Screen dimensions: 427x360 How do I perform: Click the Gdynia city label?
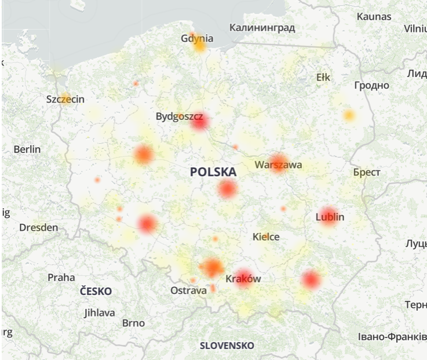(x=197, y=38)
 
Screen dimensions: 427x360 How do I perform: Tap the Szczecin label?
(x=65, y=99)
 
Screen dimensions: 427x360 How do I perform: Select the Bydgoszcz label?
(x=179, y=117)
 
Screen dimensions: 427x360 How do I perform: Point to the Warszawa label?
(x=278, y=165)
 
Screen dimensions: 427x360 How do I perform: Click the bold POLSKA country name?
(x=213, y=172)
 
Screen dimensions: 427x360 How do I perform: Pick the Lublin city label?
(x=330, y=217)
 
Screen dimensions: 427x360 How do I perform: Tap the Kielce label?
(x=266, y=237)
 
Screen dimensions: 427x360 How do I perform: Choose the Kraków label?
(x=243, y=278)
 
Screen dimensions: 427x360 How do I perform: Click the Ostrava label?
(x=188, y=290)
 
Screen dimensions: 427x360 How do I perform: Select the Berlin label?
(x=27, y=149)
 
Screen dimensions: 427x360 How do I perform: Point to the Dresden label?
(x=39, y=227)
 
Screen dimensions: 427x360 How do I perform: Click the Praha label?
(x=61, y=277)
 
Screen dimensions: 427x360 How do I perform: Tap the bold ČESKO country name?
(x=96, y=291)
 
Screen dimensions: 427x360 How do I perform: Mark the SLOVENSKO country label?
(x=227, y=346)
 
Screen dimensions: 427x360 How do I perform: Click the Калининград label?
(x=262, y=27)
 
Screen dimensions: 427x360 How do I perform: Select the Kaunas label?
(x=374, y=16)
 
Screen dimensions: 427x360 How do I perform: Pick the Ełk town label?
(x=323, y=77)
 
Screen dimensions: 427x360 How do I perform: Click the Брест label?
(x=367, y=172)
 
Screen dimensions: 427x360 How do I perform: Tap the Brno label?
(x=133, y=323)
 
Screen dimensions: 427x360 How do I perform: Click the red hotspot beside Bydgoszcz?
(x=199, y=122)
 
